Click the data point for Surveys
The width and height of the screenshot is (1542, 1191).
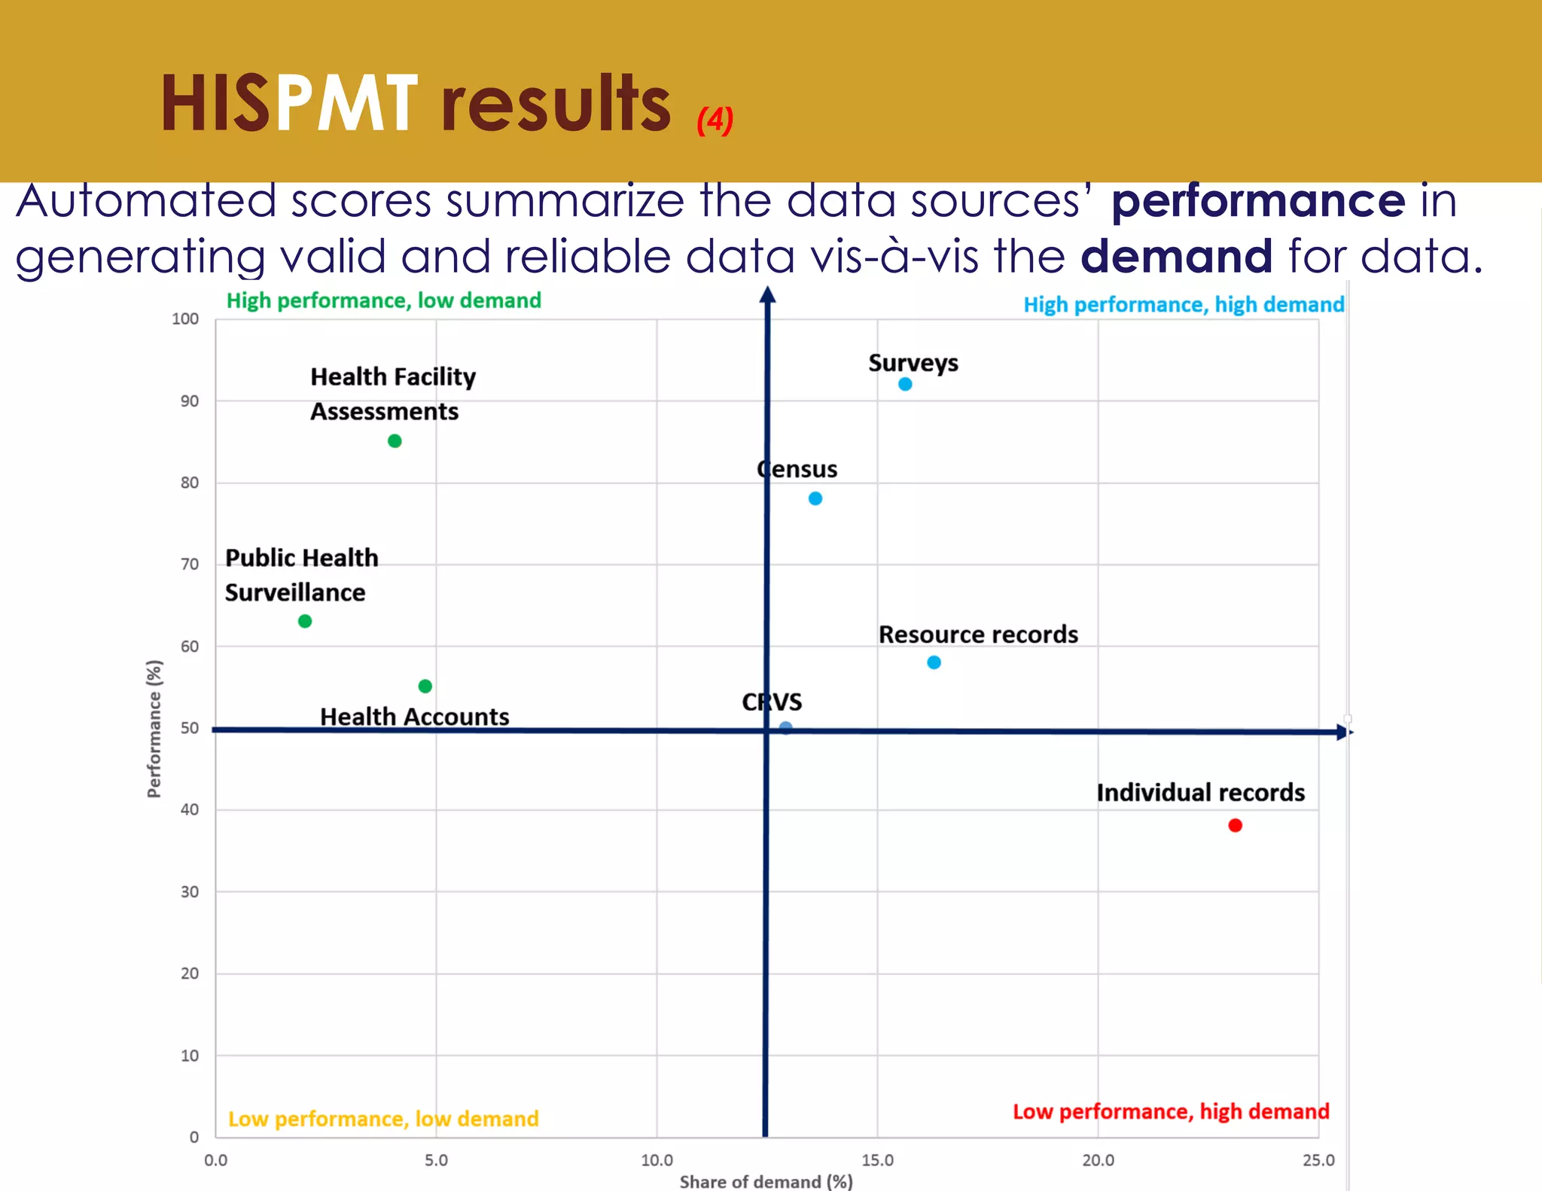pos(905,384)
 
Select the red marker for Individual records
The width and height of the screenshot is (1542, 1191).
pos(1235,825)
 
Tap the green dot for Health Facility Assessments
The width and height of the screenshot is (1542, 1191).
pos(395,440)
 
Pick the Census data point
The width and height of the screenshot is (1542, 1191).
pos(815,498)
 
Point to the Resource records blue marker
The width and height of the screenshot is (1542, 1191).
pos(934,663)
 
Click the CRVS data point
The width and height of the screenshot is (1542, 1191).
pos(785,728)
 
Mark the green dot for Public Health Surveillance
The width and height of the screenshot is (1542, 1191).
pos(305,621)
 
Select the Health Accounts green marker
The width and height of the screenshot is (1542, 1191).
pos(425,686)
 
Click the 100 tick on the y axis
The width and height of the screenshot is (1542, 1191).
pos(185,318)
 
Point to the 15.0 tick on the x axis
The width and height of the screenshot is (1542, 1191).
pos(877,1160)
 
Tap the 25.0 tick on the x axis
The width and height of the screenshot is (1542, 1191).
pos(1318,1160)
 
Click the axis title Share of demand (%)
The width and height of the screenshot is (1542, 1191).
pos(766,1181)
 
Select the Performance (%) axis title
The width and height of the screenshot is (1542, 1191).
pos(154,728)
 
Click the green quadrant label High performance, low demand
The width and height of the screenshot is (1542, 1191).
pos(383,300)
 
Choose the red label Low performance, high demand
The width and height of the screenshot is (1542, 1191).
pos(1170,1111)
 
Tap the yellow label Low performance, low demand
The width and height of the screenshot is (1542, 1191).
pos(383,1119)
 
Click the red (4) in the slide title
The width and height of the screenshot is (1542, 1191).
pos(715,120)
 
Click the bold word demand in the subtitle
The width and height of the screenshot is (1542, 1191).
pos(1176,256)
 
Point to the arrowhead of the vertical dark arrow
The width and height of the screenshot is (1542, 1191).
pos(767,294)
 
